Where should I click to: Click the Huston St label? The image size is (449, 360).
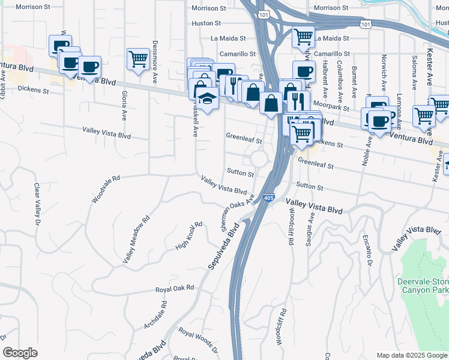point(207,23)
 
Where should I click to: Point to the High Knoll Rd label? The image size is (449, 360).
point(188,236)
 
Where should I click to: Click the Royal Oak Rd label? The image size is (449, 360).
point(174,288)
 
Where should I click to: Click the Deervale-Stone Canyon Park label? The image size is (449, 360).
point(423,286)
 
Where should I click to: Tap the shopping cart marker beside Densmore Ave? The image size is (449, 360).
point(138,59)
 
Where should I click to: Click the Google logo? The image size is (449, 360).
point(20,353)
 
